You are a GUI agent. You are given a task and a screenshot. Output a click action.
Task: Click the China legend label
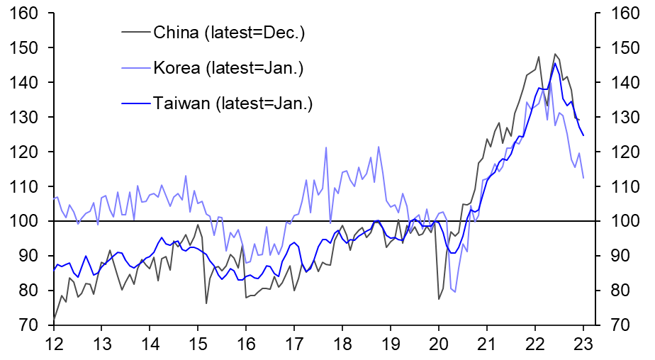coord(229,32)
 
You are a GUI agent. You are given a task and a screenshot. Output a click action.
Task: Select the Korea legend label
coord(228,68)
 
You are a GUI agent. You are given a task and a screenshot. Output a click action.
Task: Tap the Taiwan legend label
coord(233,103)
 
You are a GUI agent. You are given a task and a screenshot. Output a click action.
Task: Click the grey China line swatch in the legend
coord(136,32)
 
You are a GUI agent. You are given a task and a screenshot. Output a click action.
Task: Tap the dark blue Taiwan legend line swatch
coord(136,103)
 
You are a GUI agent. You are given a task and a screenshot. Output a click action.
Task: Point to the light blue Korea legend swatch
coord(136,68)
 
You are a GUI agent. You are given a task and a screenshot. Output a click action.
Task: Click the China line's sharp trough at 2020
coord(439,299)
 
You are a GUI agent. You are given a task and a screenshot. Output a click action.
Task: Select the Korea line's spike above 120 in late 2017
coord(326,147)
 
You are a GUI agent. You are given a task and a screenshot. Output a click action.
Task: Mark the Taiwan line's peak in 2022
coord(555,63)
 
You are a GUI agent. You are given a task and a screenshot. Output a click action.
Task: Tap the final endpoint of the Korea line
coord(583,178)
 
